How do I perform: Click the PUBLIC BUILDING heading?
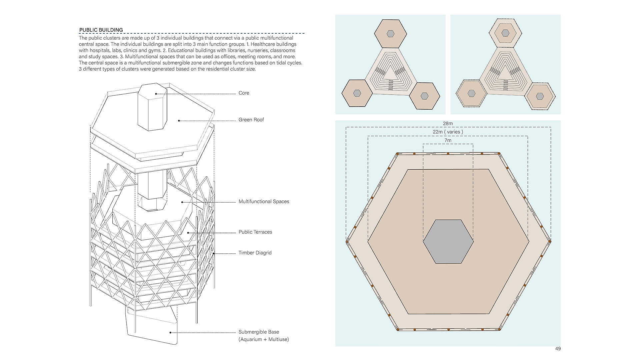[101, 30]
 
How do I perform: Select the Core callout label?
[244, 93]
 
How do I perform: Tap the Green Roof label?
[251, 120]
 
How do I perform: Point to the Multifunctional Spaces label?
[264, 202]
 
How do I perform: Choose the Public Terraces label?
[255, 232]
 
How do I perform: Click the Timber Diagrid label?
[255, 253]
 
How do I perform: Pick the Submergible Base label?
[259, 332]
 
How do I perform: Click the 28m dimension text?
[448, 124]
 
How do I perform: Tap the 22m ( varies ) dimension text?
[448, 132]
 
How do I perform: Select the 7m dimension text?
[448, 140]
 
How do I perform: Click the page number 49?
[558, 349]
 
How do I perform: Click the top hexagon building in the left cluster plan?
[390, 34]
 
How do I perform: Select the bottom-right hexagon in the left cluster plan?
[424, 96]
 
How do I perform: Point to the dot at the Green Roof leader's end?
[179, 121]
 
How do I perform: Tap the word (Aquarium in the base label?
[250, 340]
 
